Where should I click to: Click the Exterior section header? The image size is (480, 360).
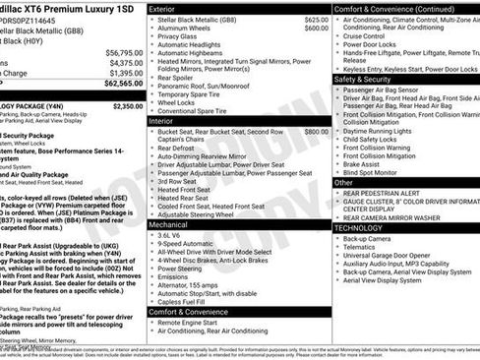[x=168, y=8]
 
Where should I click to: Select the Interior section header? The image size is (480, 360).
[x=165, y=120]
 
